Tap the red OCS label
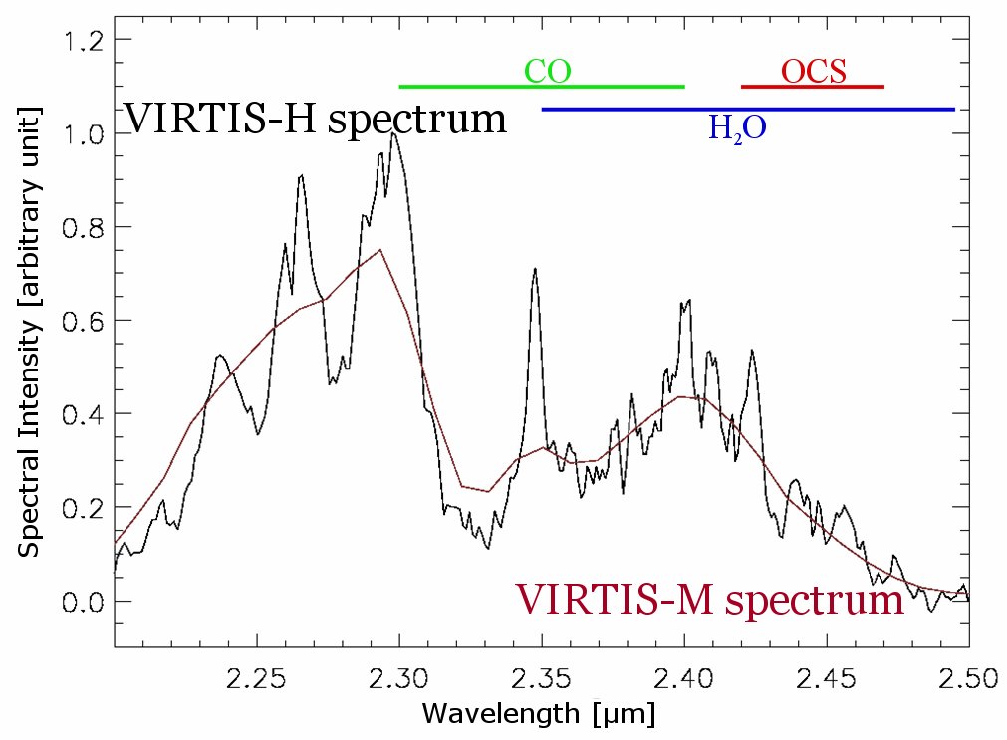coord(813,71)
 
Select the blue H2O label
coord(737,127)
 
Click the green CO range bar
coord(458,87)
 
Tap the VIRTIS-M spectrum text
coord(710,600)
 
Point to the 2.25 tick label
coord(257,680)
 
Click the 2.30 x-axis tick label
coord(399,680)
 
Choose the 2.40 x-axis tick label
coord(684,680)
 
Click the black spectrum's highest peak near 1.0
coord(394,133)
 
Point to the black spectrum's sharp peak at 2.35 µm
coord(535,269)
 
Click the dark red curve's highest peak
coord(380,250)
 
